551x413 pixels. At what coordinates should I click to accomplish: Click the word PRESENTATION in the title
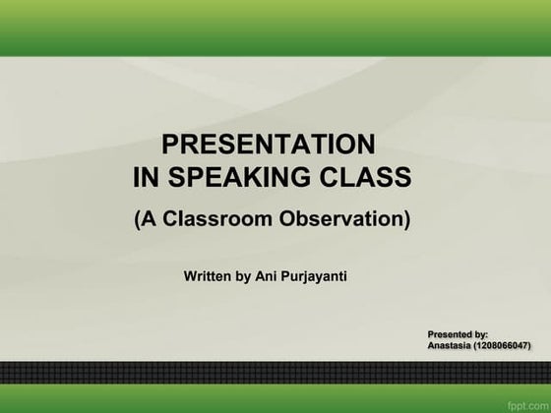click(268, 145)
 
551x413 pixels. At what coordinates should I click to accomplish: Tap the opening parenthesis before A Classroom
click(138, 219)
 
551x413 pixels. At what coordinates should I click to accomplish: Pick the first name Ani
click(268, 276)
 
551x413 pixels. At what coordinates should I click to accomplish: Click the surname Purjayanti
click(316, 276)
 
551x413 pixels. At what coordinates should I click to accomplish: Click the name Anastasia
click(450, 347)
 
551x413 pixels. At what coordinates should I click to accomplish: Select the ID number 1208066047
click(502, 347)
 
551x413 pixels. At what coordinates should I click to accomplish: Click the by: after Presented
click(481, 335)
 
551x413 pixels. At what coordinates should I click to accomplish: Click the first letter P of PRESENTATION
click(169, 145)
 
